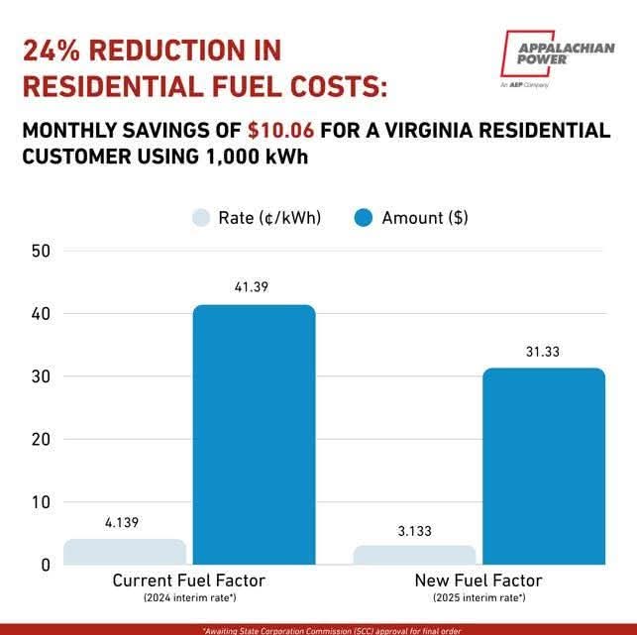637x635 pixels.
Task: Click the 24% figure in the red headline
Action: coord(55,51)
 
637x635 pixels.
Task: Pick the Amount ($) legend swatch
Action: coord(364,218)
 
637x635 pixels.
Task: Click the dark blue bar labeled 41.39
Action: coord(254,436)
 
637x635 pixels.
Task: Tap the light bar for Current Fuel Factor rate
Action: coord(126,552)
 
